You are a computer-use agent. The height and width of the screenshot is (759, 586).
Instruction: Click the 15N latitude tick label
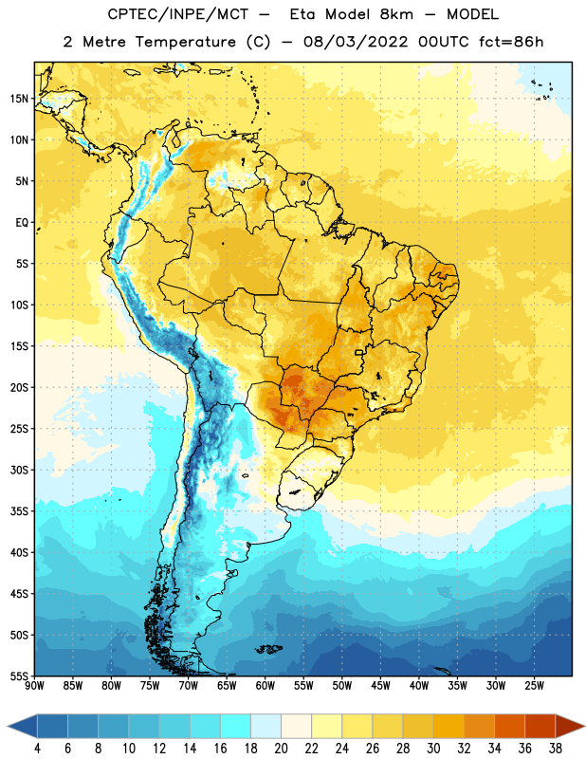[19, 99]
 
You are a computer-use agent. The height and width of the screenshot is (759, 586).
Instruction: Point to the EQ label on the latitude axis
[22, 223]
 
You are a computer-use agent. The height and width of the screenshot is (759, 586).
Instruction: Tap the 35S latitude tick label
[19, 511]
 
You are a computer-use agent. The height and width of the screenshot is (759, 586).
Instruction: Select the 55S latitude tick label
[19, 676]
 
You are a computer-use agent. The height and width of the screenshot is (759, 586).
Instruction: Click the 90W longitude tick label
[34, 686]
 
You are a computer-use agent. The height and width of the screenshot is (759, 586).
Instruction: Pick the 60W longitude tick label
[266, 686]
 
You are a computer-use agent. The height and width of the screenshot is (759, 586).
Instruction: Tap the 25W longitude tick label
[534, 686]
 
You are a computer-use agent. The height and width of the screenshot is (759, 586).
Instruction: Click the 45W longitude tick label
[380, 686]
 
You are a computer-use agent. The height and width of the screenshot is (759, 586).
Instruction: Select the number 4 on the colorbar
[37, 749]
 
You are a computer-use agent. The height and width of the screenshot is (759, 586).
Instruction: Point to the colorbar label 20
[281, 749]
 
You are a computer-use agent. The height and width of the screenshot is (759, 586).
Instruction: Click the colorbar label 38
[556, 749]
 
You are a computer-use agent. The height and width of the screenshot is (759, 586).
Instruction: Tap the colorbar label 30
[433, 749]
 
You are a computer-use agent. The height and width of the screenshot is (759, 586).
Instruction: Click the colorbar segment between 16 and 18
[236, 726]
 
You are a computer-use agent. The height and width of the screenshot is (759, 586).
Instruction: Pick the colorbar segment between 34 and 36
[510, 726]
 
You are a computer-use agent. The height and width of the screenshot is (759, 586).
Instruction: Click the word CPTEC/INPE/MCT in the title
[178, 14]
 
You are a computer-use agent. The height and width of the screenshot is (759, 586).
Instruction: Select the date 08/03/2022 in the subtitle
[356, 42]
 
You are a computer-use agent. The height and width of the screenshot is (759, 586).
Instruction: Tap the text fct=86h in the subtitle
[511, 42]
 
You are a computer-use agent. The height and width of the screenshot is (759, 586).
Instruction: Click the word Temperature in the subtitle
[185, 42]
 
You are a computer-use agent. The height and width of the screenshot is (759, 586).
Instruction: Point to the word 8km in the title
[396, 14]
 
